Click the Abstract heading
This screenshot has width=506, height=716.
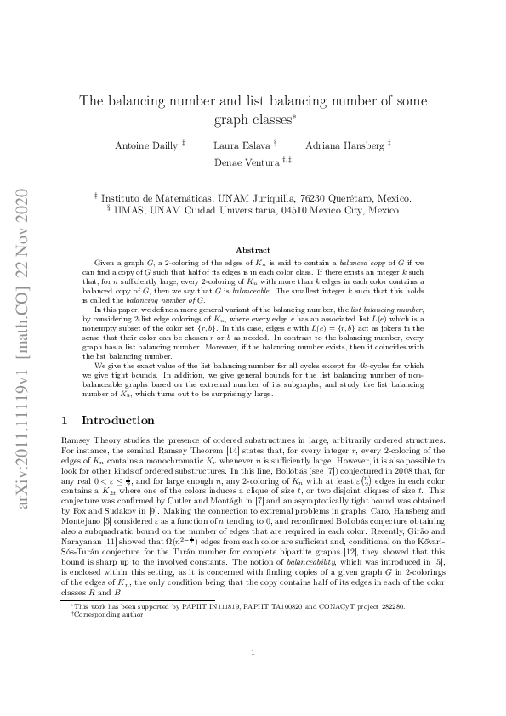tap(253, 251)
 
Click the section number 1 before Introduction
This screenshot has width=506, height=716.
tap(66, 420)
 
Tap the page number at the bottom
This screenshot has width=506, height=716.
tap(253, 676)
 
